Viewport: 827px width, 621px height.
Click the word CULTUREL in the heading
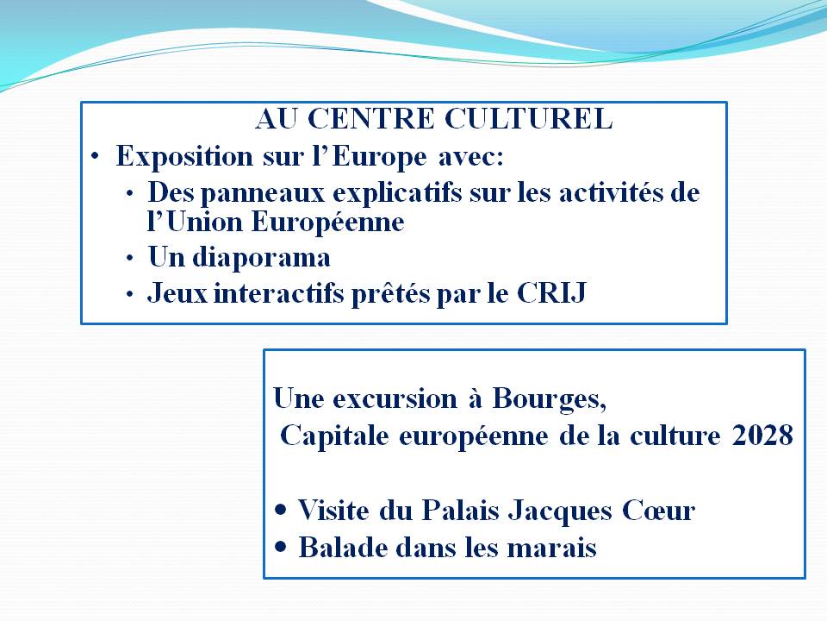(x=528, y=118)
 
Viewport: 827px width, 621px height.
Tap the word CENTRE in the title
(x=370, y=118)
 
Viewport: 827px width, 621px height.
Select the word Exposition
(x=184, y=157)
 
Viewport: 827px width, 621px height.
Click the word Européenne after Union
(x=327, y=222)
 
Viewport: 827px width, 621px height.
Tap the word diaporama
(x=261, y=258)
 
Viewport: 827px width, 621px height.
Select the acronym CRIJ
(x=551, y=292)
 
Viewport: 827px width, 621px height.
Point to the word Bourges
(x=549, y=399)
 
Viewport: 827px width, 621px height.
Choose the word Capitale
(x=334, y=436)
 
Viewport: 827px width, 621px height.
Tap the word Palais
(x=460, y=511)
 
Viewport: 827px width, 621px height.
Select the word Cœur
(x=658, y=511)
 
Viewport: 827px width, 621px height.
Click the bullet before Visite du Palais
(x=281, y=510)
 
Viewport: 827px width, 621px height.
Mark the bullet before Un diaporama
(x=130, y=258)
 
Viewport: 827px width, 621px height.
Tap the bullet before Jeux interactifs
(x=130, y=294)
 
